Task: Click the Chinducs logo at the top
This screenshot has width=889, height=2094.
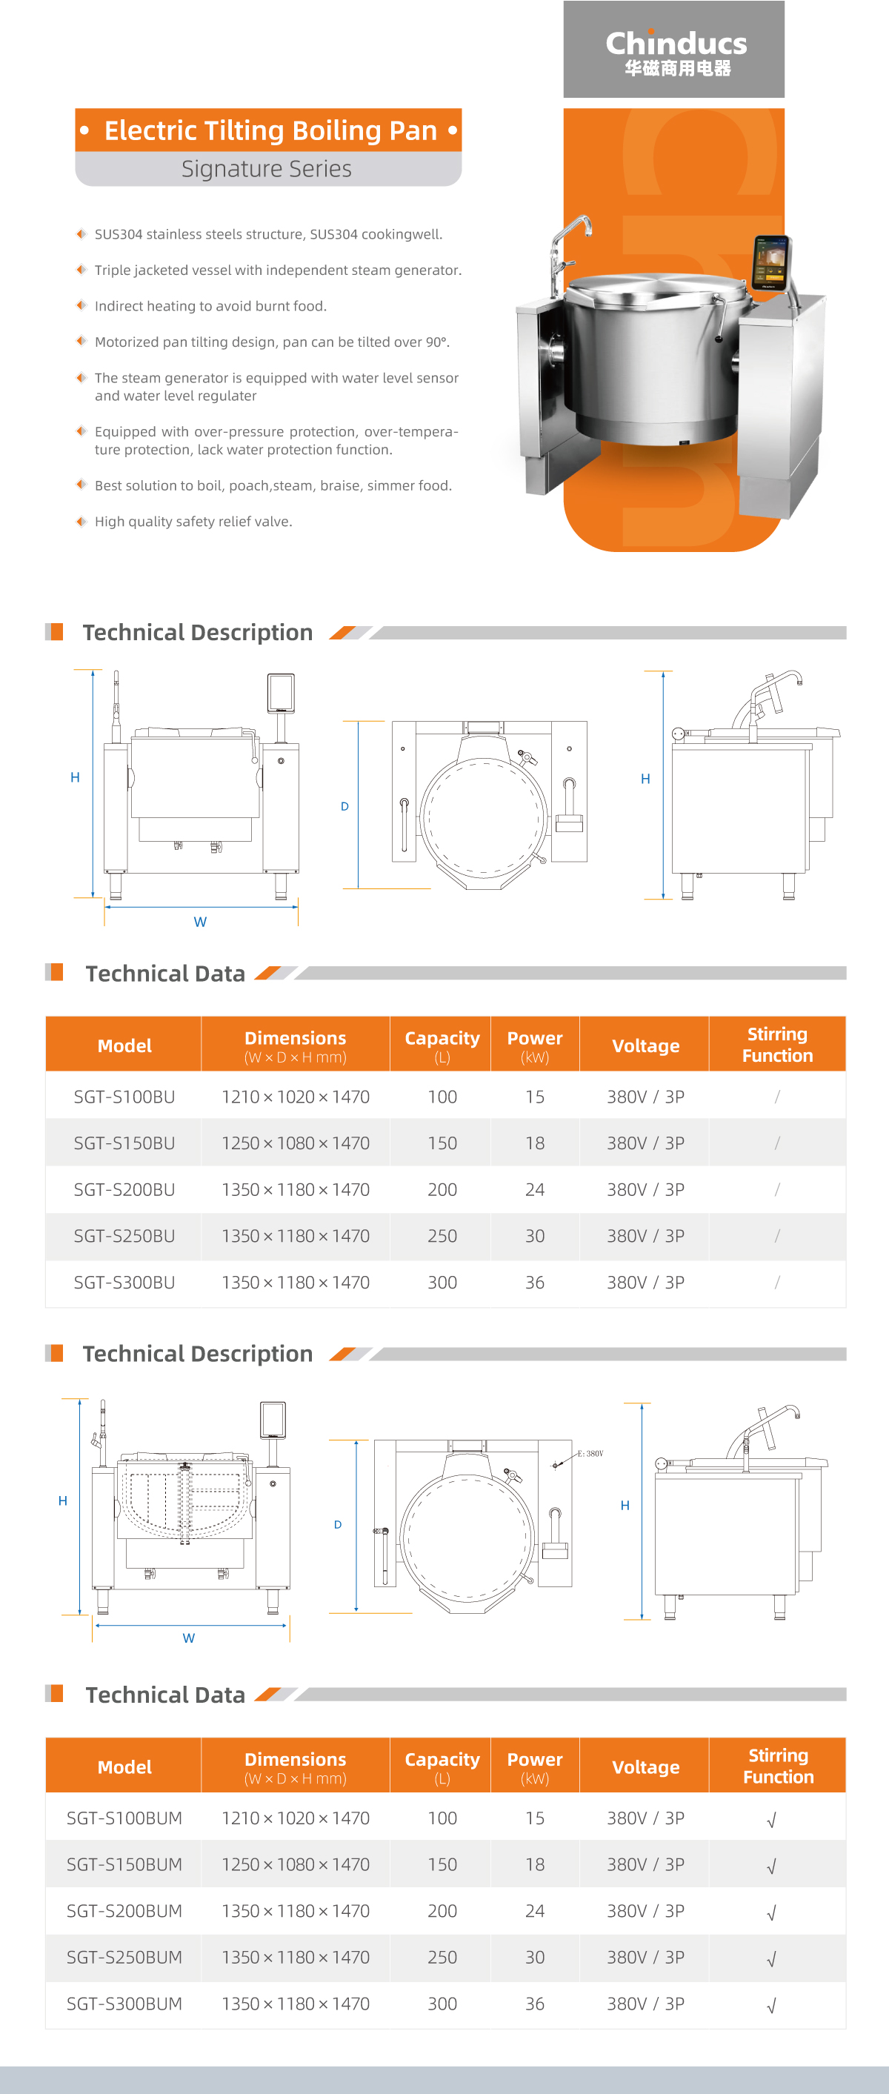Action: coord(676,50)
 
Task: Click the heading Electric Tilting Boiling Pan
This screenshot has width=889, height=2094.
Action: coord(270,130)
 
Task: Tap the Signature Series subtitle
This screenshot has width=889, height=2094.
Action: coord(267,169)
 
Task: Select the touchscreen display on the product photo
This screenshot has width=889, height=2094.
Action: coord(770,262)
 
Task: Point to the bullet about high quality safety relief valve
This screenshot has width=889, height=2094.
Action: coord(193,522)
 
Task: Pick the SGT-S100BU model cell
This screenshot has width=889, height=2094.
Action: coord(124,1097)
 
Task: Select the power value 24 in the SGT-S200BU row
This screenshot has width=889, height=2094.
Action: coord(535,1189)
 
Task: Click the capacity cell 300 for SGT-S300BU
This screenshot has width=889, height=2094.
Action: coord(442,1282)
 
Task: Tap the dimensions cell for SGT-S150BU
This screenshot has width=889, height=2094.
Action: coord(295,1143)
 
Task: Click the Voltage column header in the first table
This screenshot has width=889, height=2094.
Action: coord(645,1046)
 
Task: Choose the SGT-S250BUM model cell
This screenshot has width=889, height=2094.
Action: coord(124,1957)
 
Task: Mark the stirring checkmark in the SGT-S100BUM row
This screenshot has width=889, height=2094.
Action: coord(772,1819)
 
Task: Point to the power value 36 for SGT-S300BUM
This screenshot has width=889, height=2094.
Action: coord(535,2003)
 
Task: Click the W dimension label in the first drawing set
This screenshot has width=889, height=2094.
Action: coord(200,922)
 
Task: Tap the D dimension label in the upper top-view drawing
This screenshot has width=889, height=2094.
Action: coord(344,806)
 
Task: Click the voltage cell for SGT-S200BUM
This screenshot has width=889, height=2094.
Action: coord(645,1910)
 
